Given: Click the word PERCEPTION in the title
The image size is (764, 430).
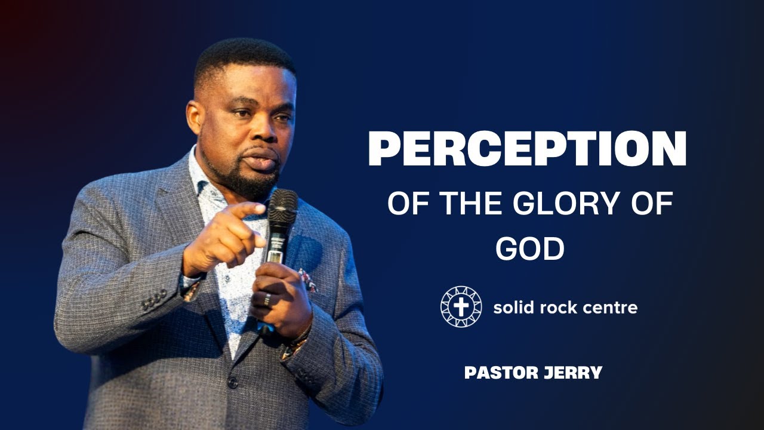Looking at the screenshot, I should tap(527, 149).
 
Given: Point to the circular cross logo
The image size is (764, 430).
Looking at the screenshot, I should tap(461, 307).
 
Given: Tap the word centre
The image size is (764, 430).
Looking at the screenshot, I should tap(611, 308).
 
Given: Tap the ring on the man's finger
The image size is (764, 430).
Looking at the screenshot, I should tap(267, 299).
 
